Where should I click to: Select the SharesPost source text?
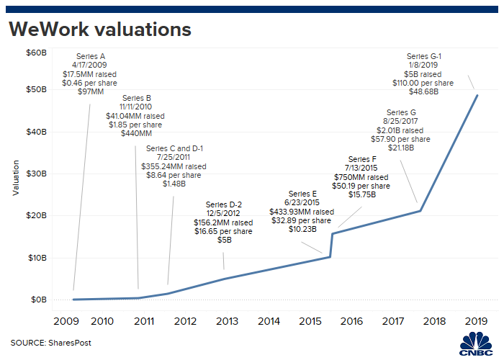point(50,343)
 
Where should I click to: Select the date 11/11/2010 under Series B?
point(136,106)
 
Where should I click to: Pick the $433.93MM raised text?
point(302,212)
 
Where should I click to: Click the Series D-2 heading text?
point(223,204)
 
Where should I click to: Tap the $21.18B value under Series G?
point(401,148)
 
